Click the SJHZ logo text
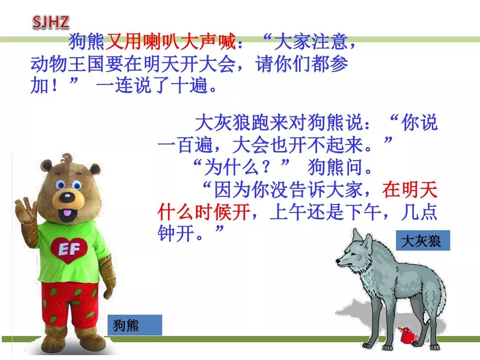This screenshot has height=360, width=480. pyautogui.click(x=51, y=22)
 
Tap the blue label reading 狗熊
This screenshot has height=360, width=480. pyautogui.click(x=135, y=325)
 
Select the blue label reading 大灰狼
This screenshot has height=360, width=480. pyautogui.click(x=423, y=240)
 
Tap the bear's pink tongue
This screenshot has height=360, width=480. pyautogui.click(x=68, y=213)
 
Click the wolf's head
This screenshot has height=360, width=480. pyautogui.click(x=356, y=253)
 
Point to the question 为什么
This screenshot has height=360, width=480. pyautogui.click(x=231, y=168)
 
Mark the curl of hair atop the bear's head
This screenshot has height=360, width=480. pyautogui.click(x=67, y=158)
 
